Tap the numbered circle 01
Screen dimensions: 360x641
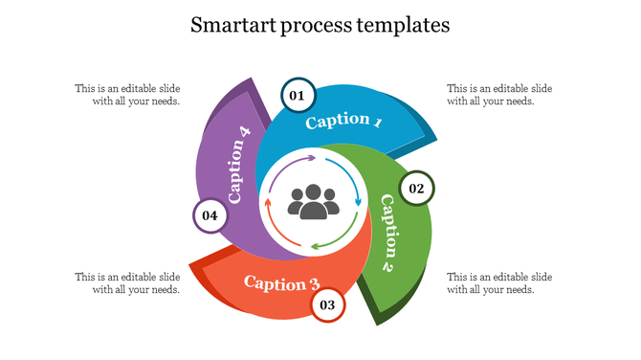tap(298, 95)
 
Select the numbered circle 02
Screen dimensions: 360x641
tap(416, 189)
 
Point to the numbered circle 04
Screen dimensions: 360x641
tap(210, 215)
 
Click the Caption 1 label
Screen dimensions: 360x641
tap(343, 122)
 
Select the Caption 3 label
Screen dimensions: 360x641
tap(281, 282)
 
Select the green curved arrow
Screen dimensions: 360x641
tap(335, 239)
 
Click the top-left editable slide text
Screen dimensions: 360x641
tap(127, 95)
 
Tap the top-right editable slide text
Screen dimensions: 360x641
tap(499, 95)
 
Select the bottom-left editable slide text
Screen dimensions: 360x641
tap(127, 283)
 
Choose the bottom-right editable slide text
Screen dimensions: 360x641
tap(499, 283)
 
